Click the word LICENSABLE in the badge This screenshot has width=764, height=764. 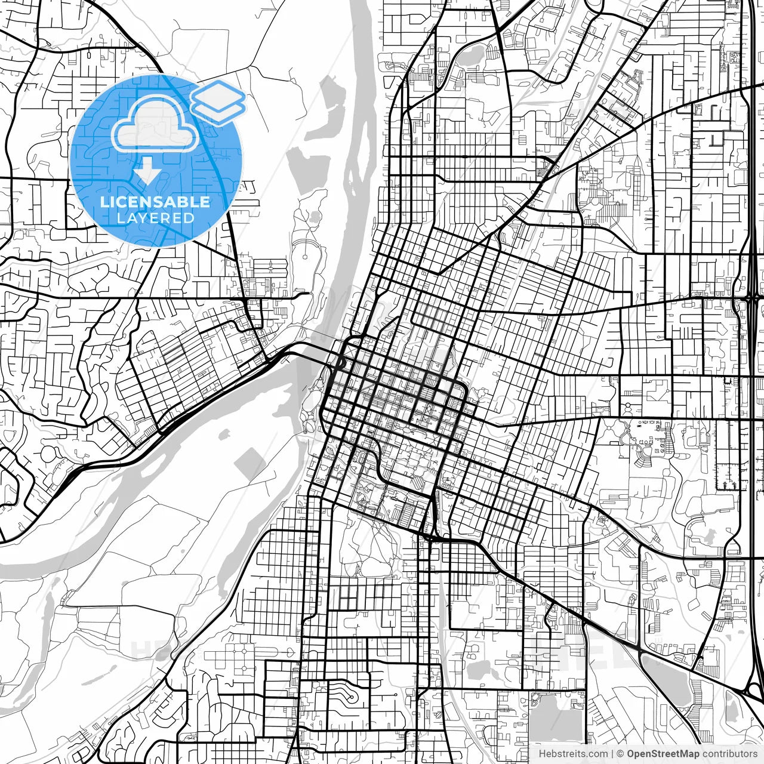pos(155,202)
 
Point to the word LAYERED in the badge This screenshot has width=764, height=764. pos(155,218)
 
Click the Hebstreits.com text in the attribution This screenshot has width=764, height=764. pos(573,754)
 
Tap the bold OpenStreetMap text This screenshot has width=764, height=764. pos(663,754)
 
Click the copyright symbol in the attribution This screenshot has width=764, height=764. pos(620,754)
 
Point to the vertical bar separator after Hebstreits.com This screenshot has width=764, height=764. pos(612,754)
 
